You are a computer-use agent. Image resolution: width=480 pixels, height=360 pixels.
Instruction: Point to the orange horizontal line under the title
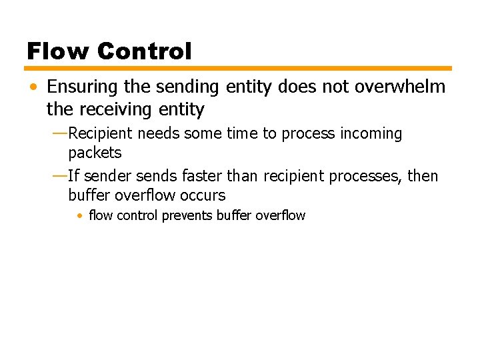coord(239,68)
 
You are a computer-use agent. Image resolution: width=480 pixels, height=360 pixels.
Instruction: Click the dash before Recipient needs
coord(59,133)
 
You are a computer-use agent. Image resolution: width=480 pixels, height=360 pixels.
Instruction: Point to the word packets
coord(95,153)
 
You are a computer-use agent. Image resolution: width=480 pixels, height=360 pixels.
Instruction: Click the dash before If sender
coord(59,176)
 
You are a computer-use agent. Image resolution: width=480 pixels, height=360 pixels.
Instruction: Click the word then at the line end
coord(423,176)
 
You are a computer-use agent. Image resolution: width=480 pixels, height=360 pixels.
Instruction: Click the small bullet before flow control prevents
coord(79,216)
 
